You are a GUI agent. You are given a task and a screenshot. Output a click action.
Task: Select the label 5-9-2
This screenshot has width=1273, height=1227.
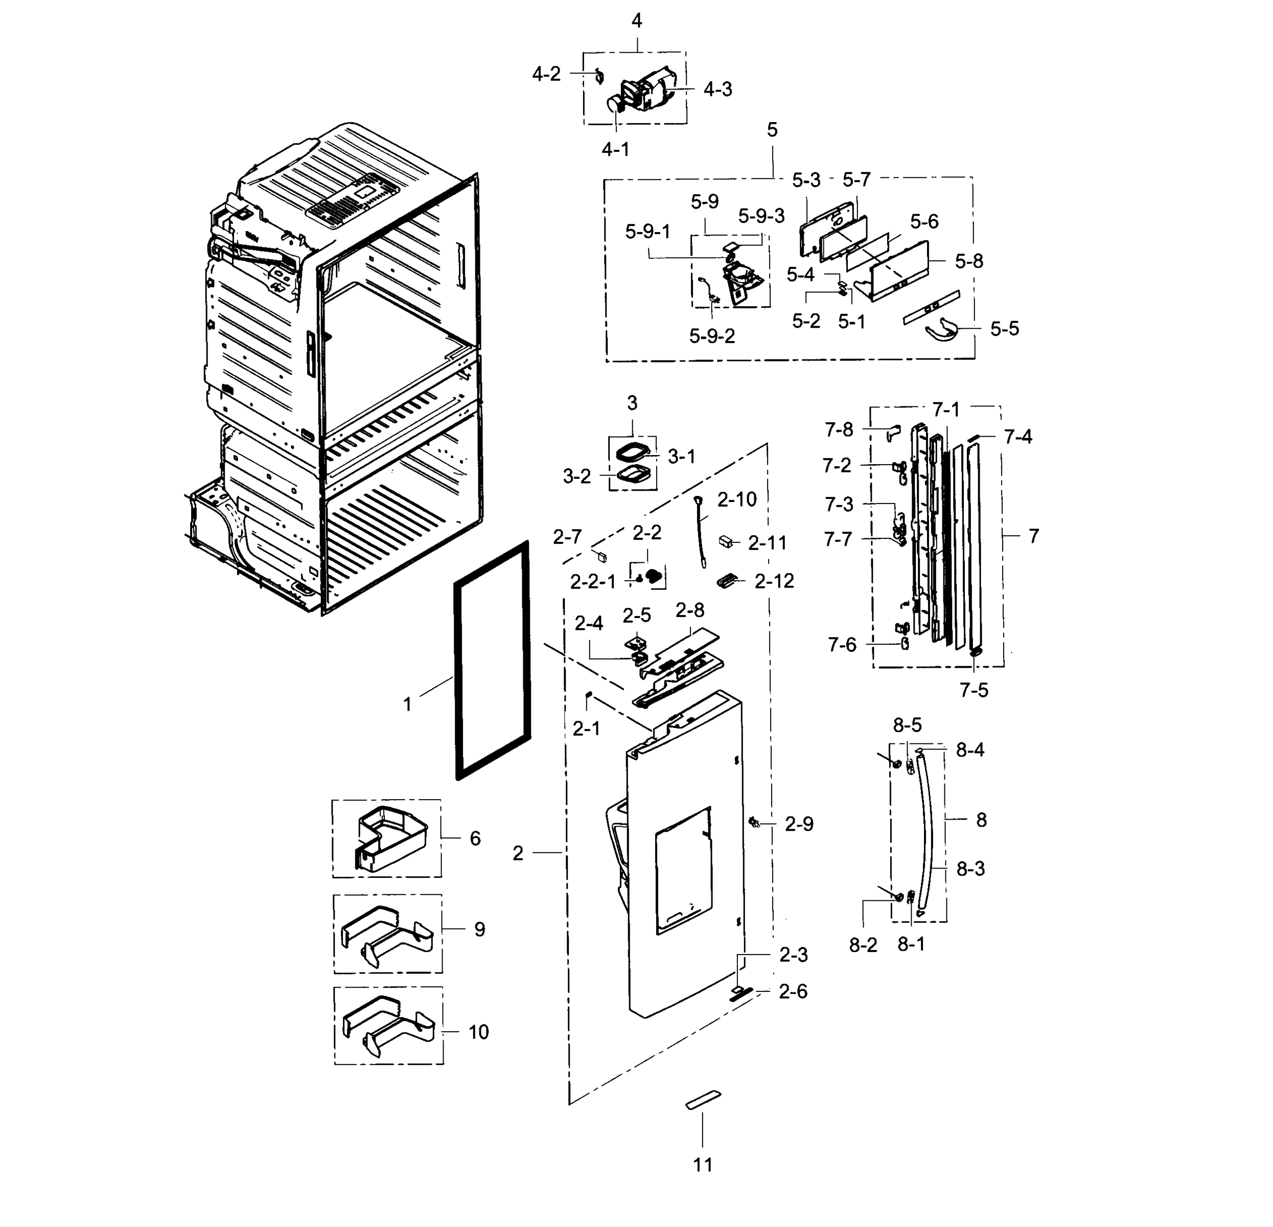[712, 336]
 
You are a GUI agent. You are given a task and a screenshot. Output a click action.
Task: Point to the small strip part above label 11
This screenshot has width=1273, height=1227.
[703, 1100]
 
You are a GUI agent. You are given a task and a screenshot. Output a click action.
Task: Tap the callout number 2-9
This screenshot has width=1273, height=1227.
[799, 824]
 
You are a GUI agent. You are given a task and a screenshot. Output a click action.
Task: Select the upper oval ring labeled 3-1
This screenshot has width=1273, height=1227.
[633, 451]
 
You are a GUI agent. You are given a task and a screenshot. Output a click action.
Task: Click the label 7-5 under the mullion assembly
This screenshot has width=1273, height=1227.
[974, 690]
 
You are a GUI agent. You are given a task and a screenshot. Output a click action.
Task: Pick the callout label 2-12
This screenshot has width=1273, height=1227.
[774, 581]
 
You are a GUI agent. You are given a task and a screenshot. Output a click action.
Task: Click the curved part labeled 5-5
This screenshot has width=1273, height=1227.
[941, 331]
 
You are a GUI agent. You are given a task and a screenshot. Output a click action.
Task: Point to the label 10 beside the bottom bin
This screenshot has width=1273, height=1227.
[479, 1032]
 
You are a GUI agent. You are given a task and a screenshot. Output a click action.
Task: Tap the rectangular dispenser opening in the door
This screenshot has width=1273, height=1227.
[683, 871]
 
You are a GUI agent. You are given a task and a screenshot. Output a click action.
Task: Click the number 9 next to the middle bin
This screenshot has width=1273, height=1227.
[479, 929]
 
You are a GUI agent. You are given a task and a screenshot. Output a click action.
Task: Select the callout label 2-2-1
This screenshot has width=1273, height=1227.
[592, 582]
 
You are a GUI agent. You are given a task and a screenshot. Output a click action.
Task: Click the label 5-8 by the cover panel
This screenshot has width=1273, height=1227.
[968, 261]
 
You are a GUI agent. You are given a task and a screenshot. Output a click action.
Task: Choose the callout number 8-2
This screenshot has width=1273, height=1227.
[863, 945]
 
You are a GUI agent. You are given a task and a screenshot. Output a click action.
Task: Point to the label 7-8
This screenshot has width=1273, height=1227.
[839, 429]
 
